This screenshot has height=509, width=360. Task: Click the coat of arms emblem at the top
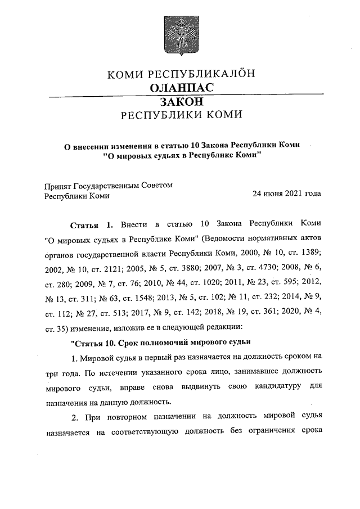point(181,34)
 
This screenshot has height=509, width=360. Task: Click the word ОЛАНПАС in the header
point(181,88)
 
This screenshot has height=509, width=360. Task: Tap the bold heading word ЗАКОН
point(181,102)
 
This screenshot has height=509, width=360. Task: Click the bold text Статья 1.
point(90,225)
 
